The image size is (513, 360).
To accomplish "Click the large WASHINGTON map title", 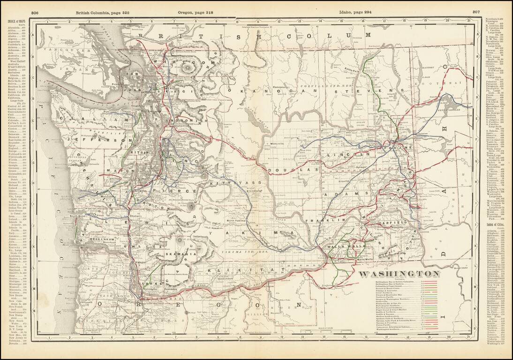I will pyautogui.click(x=399, y=274).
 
